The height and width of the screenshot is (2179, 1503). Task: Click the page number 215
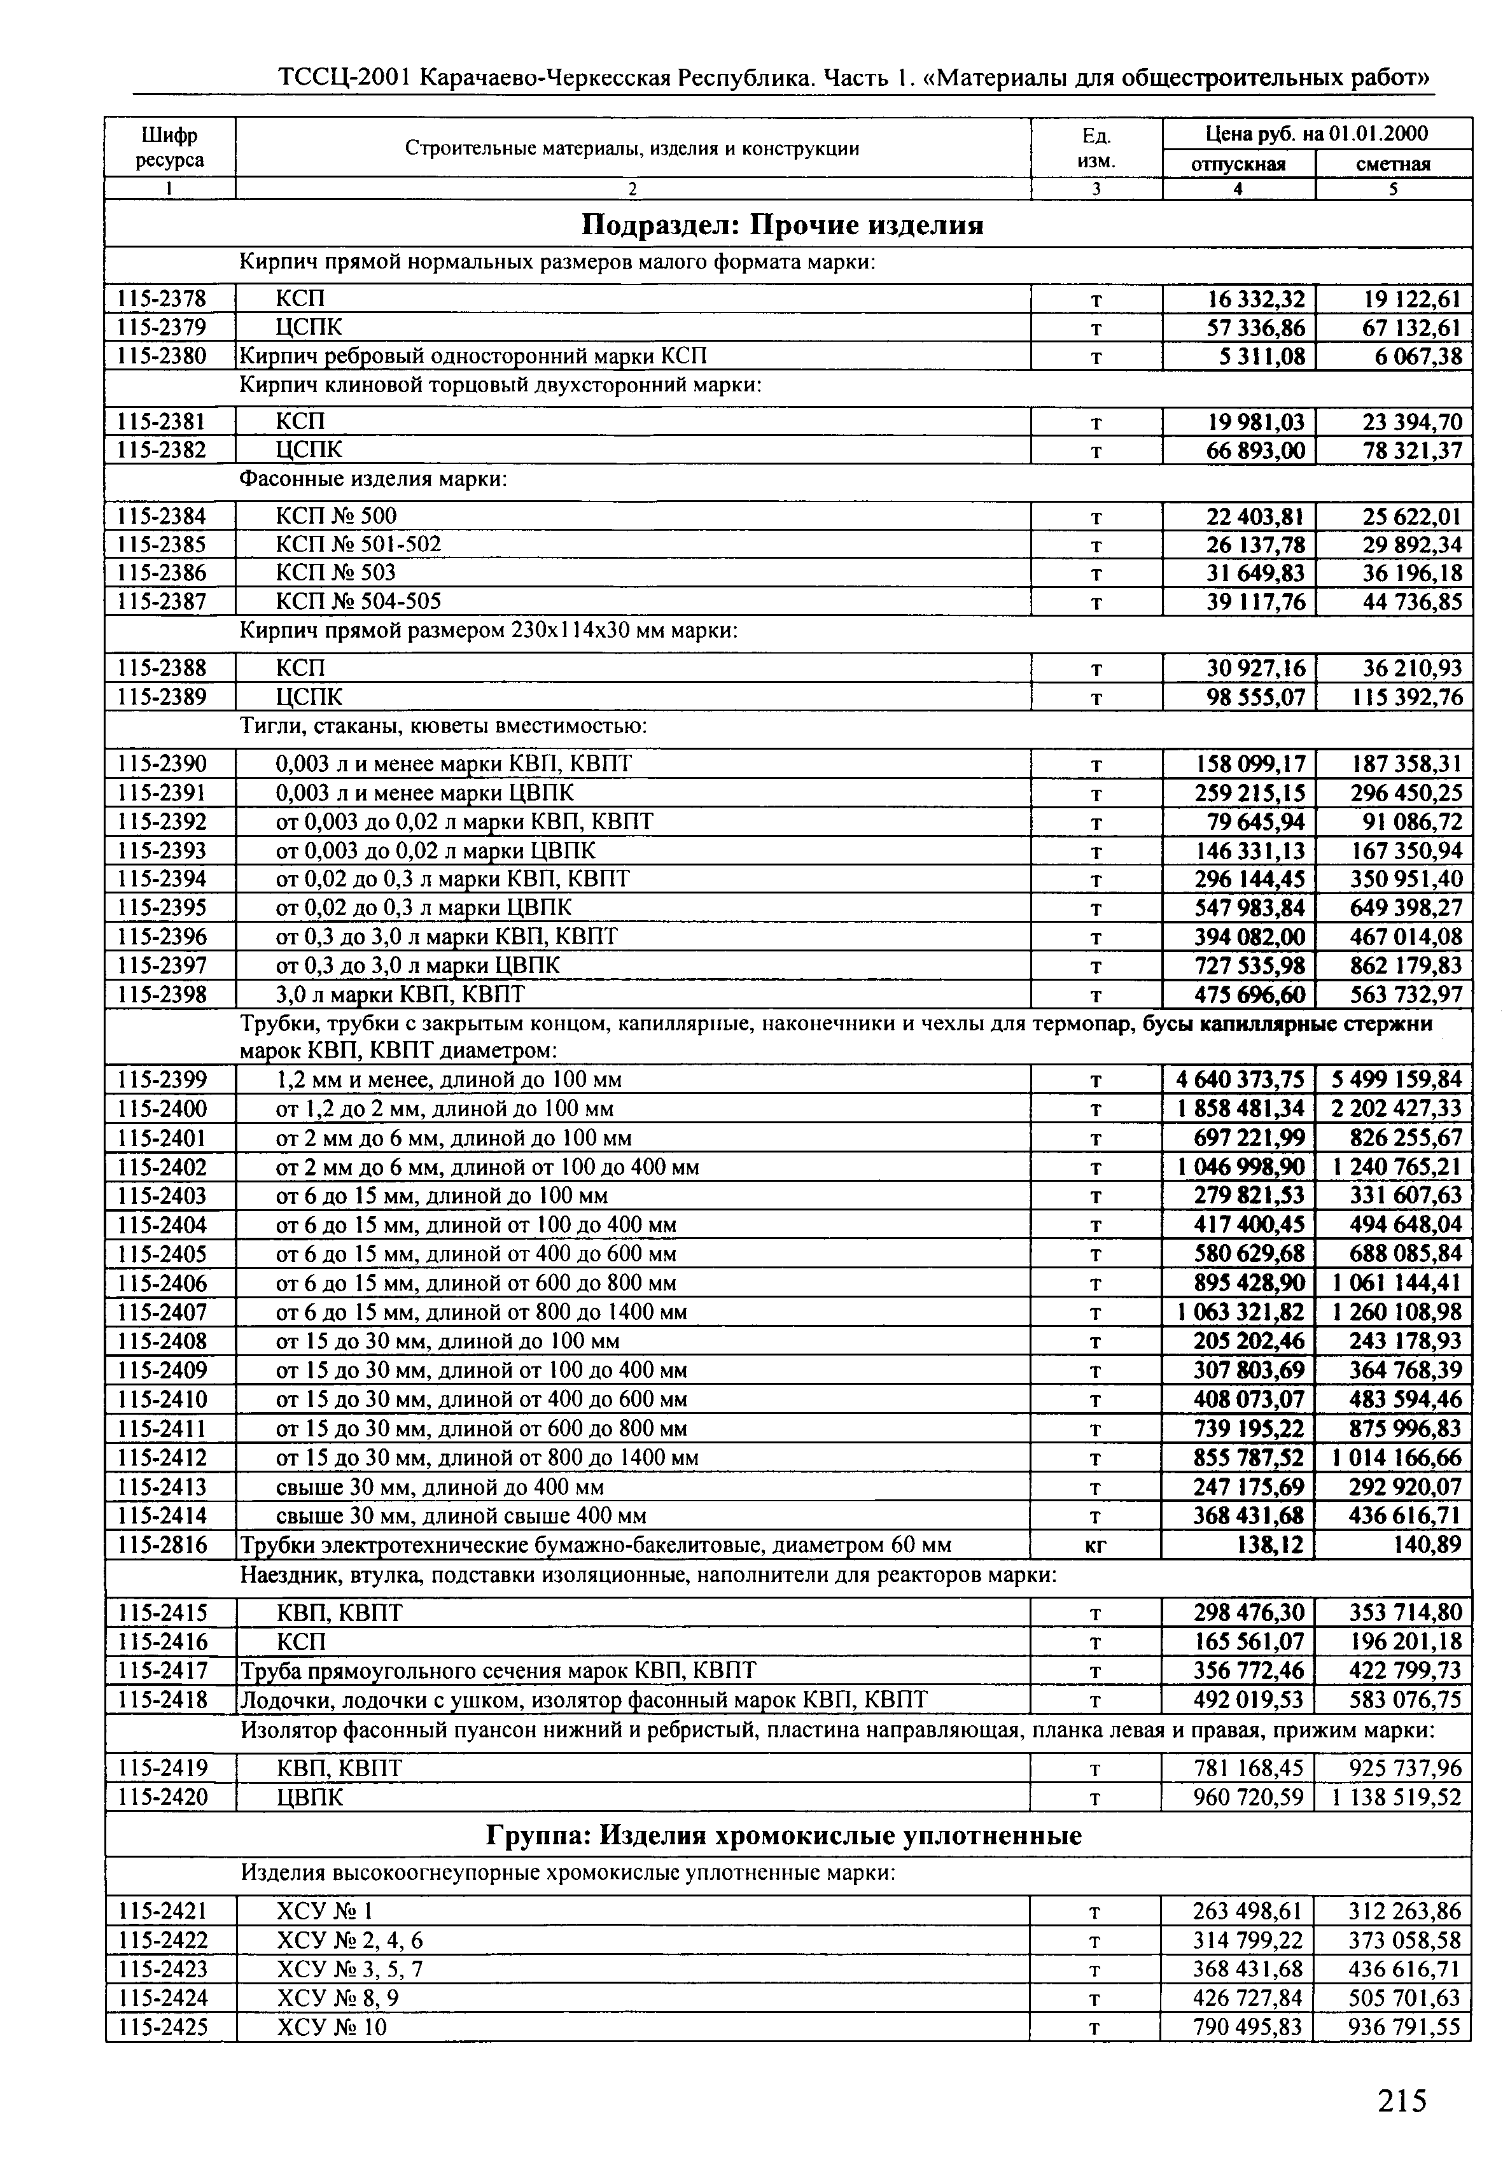1401,2101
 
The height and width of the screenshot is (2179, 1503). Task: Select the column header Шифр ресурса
169,148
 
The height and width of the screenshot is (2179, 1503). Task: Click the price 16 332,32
1256,300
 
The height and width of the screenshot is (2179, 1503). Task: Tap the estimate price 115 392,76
1405,697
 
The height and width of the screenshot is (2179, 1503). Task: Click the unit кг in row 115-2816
1095,1545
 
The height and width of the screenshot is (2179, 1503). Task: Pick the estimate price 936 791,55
1405,2026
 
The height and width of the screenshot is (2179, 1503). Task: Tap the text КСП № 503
335,573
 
